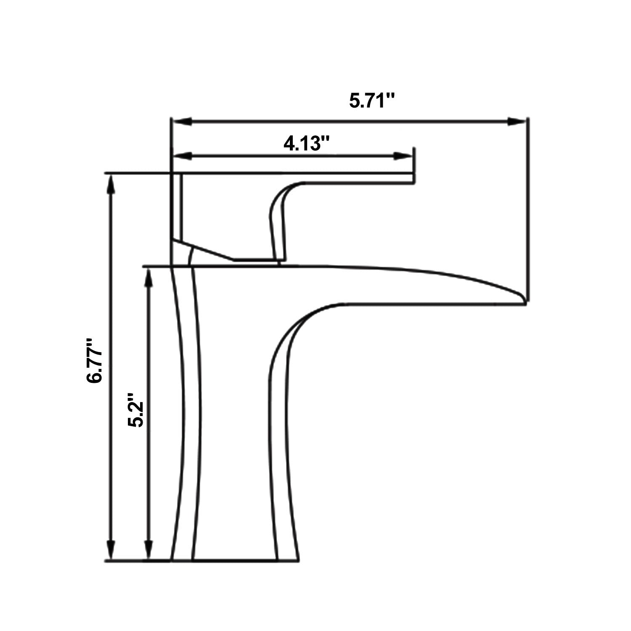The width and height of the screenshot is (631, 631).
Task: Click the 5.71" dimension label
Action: (372, 101)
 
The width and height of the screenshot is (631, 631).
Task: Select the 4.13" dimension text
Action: (306, 144)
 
